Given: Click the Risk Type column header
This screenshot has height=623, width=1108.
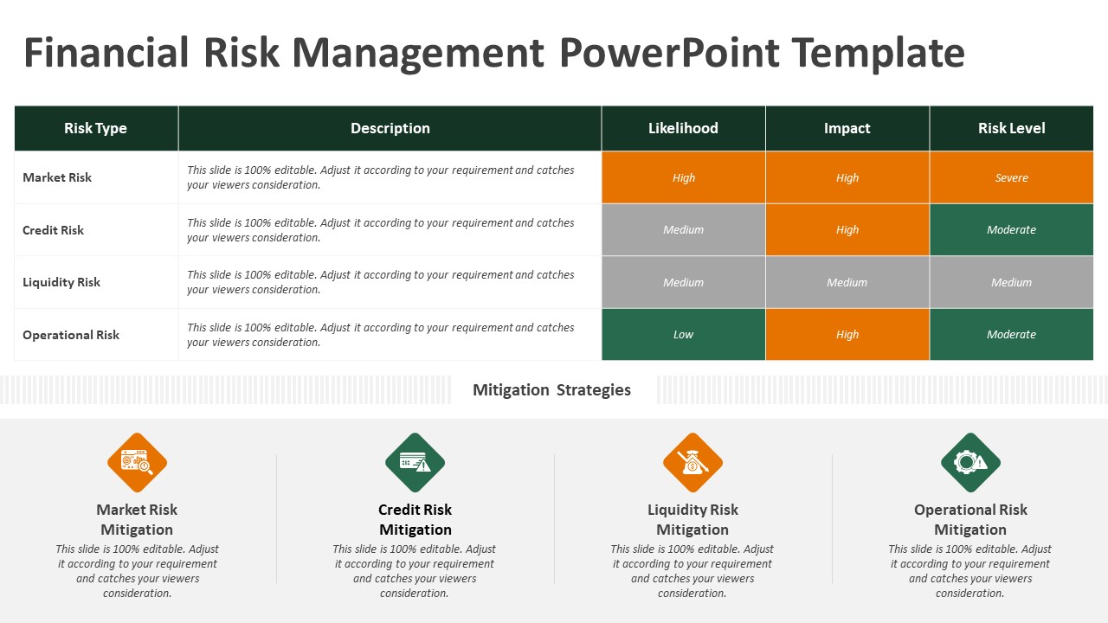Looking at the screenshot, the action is click(95, 128).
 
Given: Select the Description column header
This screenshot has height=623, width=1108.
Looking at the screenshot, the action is click(390, 128).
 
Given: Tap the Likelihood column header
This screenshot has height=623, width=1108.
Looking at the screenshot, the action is click(683, 128).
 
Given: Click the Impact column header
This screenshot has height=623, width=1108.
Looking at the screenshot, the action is click(847, 128).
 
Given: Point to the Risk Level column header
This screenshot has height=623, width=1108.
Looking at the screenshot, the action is click(1012, 128).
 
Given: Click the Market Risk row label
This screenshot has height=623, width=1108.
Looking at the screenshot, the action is click(57, 177).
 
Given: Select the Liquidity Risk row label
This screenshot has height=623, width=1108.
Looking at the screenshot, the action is click(61, 282).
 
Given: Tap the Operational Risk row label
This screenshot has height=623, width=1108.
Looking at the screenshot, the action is click(71, 335).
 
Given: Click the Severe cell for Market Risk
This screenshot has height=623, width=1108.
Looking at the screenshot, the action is click(1012, 177).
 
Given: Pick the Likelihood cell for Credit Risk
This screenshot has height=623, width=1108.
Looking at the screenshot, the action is click(684, 230).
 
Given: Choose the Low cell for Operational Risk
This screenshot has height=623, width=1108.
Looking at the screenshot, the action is click(684, 334).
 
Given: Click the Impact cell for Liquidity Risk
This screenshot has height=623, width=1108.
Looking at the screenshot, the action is click(847, 282).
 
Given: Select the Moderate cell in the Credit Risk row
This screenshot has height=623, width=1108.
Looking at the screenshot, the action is click(1012, 230).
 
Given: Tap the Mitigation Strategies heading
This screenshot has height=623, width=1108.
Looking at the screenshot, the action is click(551, 389).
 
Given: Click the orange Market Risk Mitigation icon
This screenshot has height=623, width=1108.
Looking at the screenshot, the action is click(137, 462).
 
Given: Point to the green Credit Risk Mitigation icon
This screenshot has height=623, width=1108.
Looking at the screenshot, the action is click(415, 462).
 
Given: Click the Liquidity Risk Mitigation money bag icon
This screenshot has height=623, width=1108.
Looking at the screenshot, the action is click(693, 462).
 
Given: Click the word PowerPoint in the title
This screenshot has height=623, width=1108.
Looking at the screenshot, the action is click(670, 53).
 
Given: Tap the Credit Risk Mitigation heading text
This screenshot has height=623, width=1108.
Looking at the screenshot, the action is click(415, 519).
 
